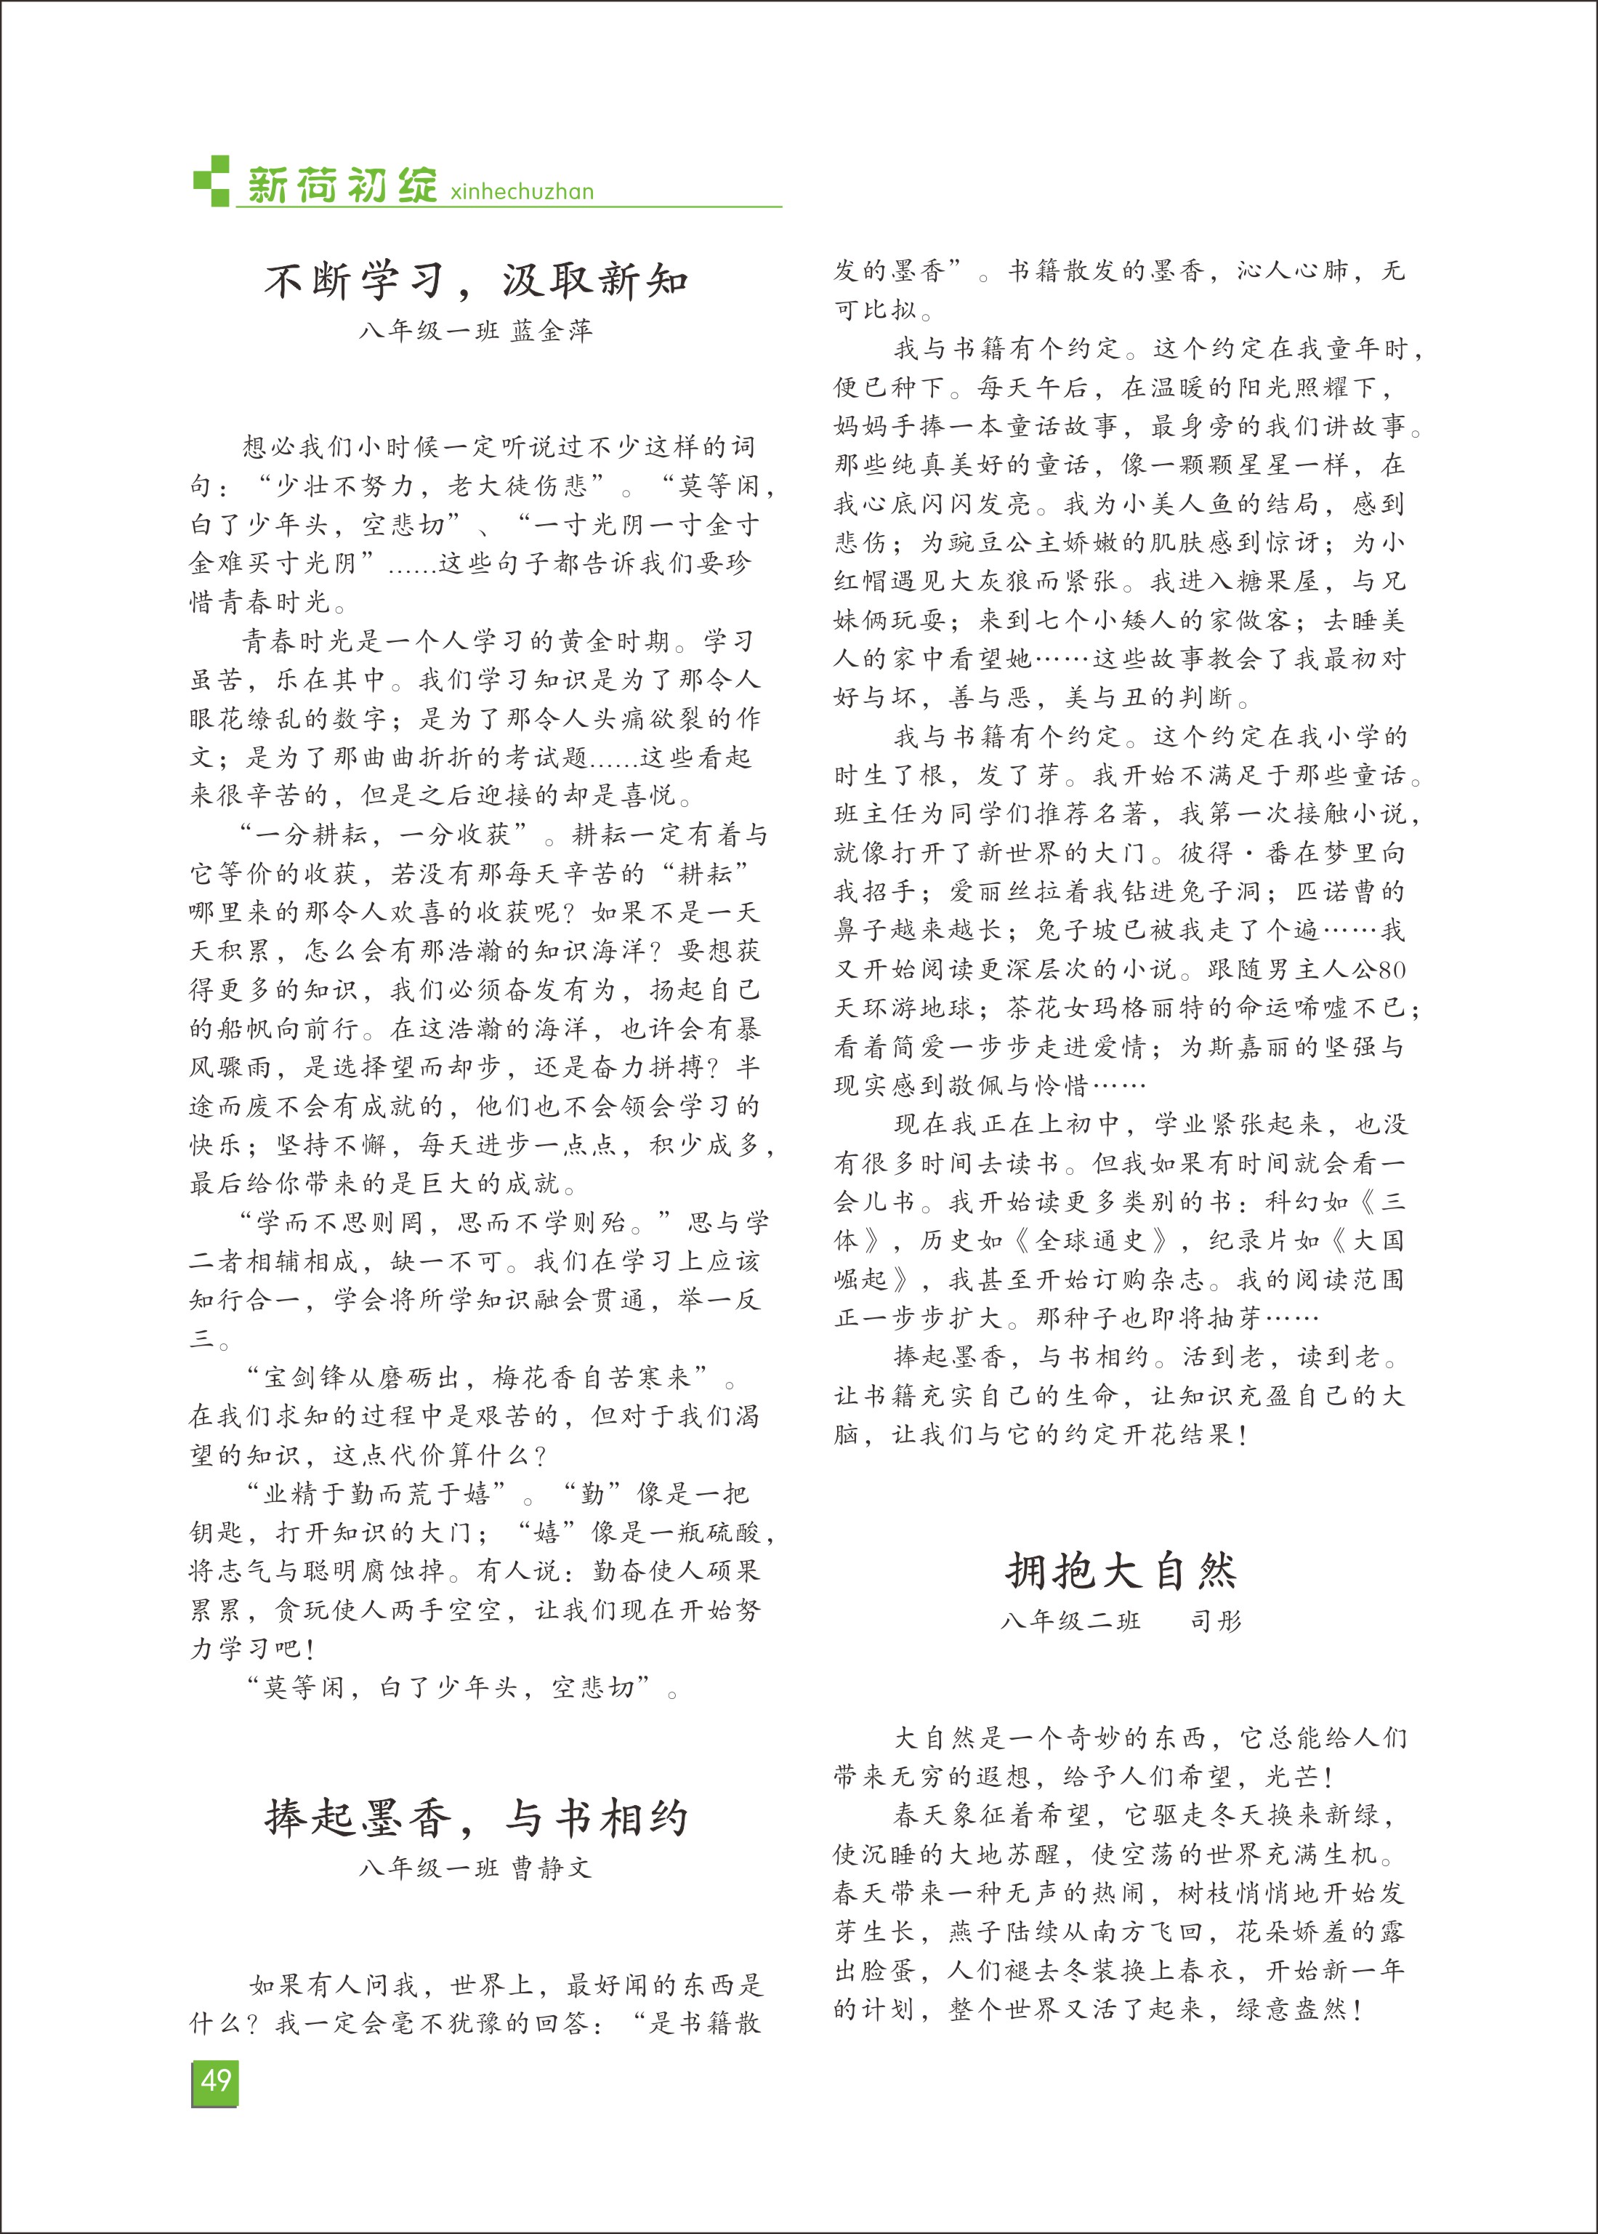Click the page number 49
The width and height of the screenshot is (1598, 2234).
point(214,2081)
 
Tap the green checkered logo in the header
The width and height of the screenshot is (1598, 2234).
point(211,181)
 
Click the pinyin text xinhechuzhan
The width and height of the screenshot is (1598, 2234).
point(522,192)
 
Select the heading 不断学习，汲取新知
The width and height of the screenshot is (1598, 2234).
point(476,281)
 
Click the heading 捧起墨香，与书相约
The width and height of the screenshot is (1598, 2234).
point(476,1817)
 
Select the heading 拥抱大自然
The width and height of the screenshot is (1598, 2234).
point(1121,1571)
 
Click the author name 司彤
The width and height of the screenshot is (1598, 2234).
point(1216,1621)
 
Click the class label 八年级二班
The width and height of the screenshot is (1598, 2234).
point(1070,1621)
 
